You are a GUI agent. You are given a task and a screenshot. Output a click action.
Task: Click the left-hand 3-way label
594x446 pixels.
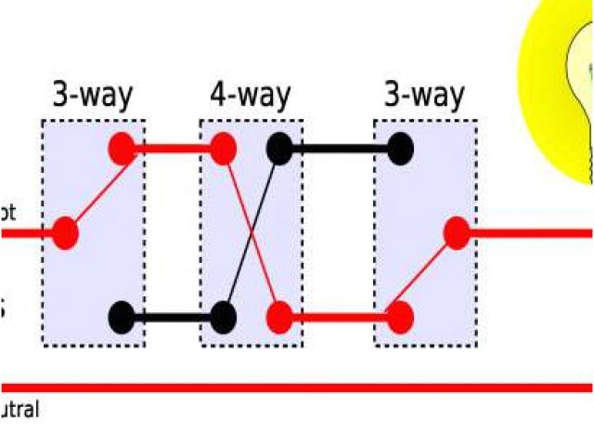(93, 96)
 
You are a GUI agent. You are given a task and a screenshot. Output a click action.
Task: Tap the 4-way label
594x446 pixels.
(250, 96)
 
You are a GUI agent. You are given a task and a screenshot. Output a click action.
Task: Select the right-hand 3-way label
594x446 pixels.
(424, 96)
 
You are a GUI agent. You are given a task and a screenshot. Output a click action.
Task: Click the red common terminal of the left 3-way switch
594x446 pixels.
(65, 232)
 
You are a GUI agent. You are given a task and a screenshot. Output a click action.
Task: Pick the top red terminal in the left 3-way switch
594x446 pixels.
(123, 149)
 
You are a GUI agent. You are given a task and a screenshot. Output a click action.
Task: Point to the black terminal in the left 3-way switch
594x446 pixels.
(123, 317)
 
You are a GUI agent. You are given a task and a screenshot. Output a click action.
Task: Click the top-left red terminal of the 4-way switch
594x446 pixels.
(222, 149)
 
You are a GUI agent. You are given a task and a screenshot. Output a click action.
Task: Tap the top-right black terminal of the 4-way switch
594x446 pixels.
(278, 149)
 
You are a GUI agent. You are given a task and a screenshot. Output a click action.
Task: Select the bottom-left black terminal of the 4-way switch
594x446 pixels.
(222, 317)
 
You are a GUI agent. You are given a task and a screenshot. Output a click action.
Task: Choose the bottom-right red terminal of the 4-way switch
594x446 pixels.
(278, 317)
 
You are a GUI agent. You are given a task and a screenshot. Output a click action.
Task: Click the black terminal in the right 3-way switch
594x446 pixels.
(400, 149)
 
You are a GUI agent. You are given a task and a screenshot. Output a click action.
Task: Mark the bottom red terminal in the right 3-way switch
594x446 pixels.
(400, 317)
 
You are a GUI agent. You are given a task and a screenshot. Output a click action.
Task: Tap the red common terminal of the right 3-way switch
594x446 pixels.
(457, 232)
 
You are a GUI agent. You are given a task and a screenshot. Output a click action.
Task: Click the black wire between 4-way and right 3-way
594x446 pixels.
(339, 149)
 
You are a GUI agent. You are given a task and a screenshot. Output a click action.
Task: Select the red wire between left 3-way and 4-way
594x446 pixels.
(173, 149)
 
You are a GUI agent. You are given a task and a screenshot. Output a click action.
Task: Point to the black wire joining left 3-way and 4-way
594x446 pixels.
(173, 317)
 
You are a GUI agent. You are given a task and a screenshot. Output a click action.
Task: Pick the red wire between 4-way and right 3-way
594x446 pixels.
(339, 317)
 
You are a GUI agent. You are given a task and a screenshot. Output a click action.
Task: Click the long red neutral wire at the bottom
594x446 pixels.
(297, 387)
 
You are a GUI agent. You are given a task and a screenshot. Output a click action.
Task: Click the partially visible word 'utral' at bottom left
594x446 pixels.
(19, 409)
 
